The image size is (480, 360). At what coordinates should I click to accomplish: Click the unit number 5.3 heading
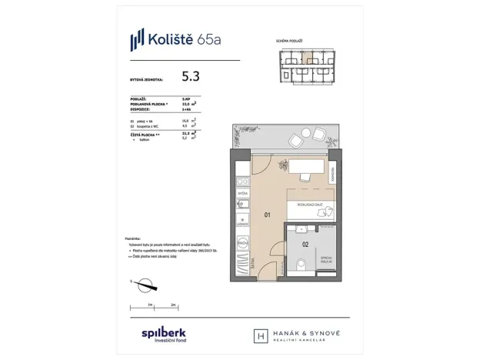click(192, 76)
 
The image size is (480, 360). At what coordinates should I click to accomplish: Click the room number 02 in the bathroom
click(305, 245)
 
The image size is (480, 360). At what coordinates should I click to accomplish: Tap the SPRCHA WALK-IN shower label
click(327, 259)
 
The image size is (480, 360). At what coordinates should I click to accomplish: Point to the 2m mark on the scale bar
click(174, 305)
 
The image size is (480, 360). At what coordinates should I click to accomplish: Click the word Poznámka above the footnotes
click(133, 239)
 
